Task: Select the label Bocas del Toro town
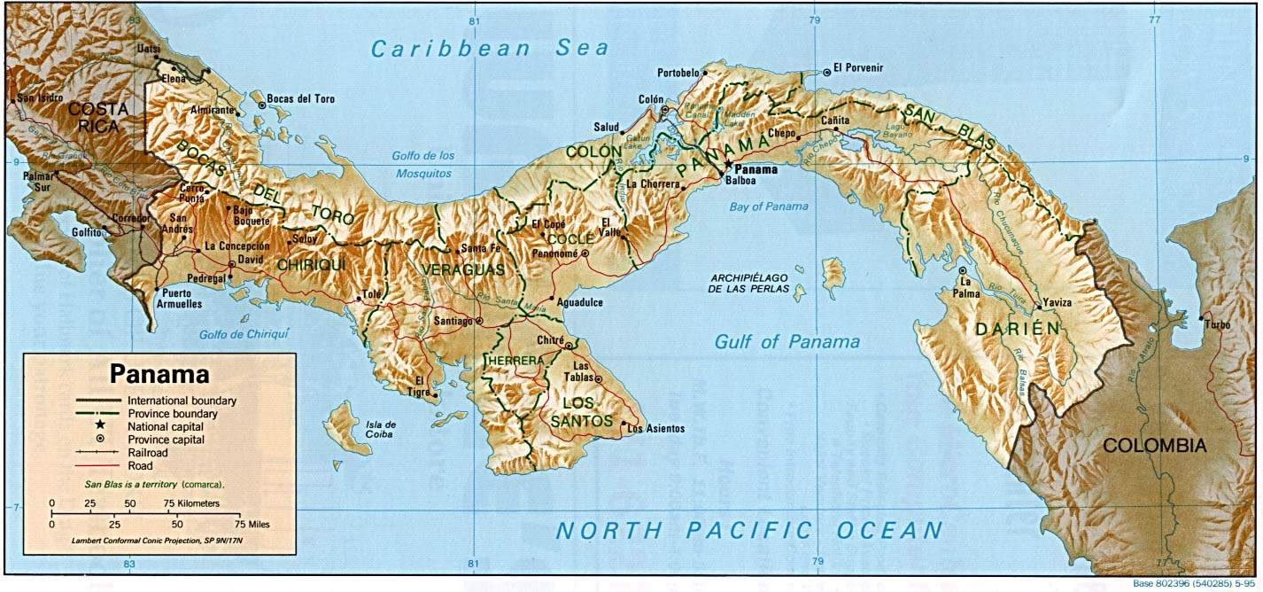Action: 303,99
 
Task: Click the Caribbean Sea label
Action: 490,49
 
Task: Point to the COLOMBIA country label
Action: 1154,446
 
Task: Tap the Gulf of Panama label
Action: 787,341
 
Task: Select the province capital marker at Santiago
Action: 479,321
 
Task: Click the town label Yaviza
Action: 1058,303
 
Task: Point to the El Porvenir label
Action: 858,68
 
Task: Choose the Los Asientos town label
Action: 655,429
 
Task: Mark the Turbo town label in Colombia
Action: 1217,325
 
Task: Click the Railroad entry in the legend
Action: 148,452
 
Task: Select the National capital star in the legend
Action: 101,425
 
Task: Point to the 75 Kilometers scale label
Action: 190,503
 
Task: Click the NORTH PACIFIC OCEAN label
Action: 748,531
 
